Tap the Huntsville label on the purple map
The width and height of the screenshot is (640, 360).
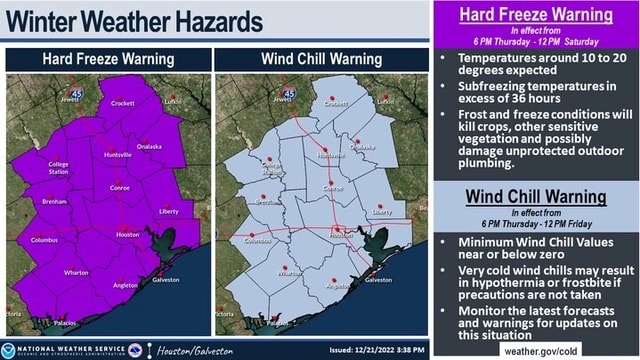(x=117, y=155)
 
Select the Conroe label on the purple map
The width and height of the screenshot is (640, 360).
(x=120, y=188)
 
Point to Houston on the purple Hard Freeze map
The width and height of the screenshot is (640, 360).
(x=128, y=234)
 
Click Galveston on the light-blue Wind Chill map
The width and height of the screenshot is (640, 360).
(x=379, y=280)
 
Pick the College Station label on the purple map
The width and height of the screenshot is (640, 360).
(x=59, y=168)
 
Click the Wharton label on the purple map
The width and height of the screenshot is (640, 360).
(x=76, y=272)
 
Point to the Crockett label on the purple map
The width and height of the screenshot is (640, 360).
(x=122, y=103)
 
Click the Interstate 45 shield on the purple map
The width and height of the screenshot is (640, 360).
(x=77, y=92)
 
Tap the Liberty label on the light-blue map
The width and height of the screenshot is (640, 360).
(x=383, y=212)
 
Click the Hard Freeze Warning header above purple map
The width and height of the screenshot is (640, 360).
(x=107, y=59)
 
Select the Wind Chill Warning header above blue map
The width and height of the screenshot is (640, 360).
(x=321, y=59)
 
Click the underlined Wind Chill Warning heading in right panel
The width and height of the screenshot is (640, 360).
(x=536, y=197)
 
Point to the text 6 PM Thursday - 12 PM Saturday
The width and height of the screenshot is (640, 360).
(x=536, y=42)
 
